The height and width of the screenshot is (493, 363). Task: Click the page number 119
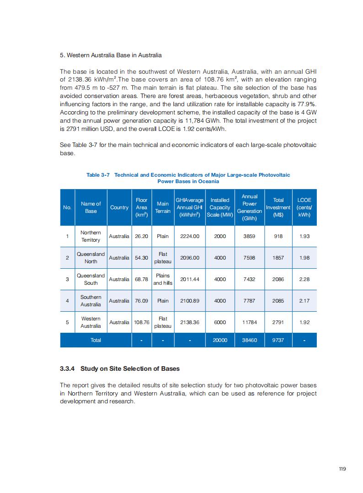342,468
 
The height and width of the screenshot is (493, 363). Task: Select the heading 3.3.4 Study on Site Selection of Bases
120,368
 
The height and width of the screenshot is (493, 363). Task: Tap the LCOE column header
304,207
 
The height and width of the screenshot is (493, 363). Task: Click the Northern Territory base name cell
91,236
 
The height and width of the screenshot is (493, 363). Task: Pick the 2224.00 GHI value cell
190,236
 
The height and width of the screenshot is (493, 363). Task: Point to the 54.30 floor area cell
141,258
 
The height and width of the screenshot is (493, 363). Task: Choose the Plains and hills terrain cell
163,279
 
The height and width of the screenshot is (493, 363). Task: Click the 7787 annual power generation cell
249,301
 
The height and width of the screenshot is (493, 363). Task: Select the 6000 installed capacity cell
220,322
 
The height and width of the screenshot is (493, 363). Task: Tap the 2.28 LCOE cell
304,279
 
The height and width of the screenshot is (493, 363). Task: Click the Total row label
96,340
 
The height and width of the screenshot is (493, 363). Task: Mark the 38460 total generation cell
249,340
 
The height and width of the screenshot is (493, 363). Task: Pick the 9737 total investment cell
278,340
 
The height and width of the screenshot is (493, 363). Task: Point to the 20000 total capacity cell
220,340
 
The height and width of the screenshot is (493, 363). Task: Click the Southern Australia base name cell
91,301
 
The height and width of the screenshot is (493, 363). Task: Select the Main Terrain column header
163,207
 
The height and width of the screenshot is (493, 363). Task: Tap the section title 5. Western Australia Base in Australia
111,55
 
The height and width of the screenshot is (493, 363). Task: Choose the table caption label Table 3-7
98,175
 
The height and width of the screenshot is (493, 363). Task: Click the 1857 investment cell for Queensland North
278,258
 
